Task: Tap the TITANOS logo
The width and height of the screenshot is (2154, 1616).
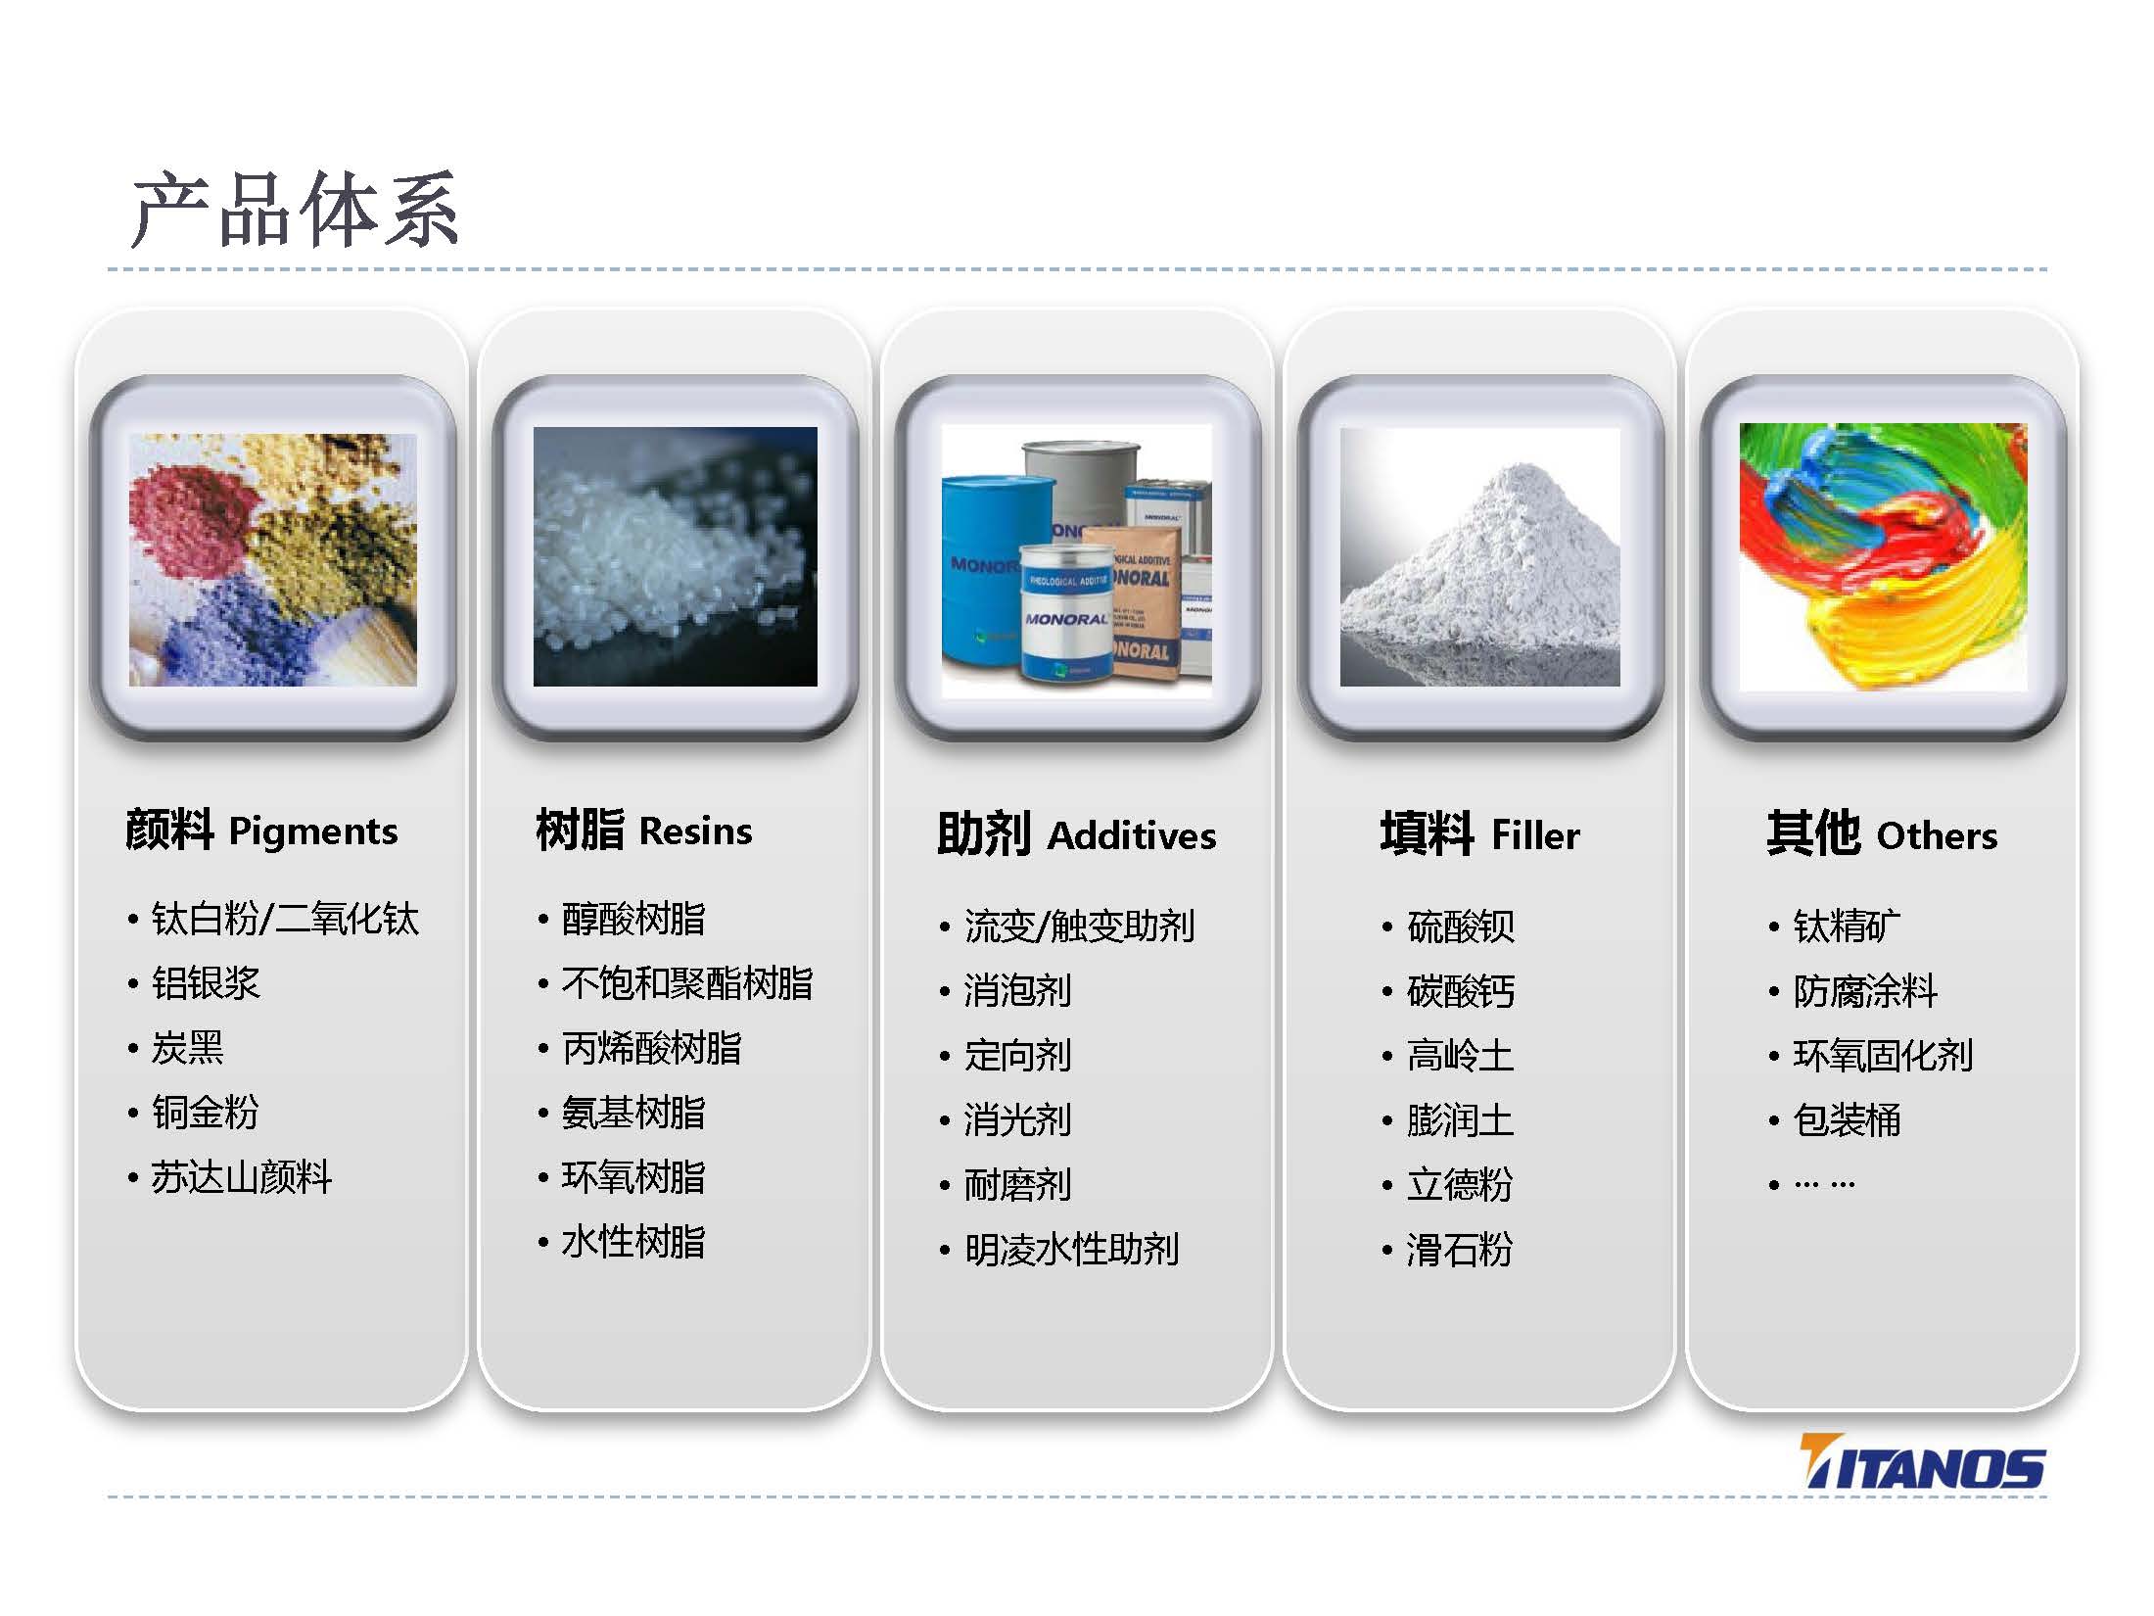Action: tap(1922, 1462)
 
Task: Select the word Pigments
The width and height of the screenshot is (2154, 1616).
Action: tap(313, 832)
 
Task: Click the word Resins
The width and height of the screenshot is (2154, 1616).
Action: tap(695, 832)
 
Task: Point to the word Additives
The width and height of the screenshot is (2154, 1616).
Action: tap(1132, 836)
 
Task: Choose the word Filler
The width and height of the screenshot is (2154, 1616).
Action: tap(1535, 836)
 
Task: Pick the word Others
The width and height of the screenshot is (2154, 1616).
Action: tap(1937, 836)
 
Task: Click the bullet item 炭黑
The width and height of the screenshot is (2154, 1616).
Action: tap(187, 1048)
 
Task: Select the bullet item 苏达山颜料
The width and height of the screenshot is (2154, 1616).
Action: tap(241, 1177)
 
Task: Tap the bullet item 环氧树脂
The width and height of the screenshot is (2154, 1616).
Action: tap(633, 1177)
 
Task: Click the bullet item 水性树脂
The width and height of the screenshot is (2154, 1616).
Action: tap(633, 1242)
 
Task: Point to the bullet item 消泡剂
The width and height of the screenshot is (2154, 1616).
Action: tap(1017, 990)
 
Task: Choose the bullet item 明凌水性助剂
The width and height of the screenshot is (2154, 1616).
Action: tap(1071, 1250)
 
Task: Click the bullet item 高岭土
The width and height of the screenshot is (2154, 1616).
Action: tap(1460, 1056)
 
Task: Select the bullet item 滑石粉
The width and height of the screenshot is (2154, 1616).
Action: tap(1460, 1250)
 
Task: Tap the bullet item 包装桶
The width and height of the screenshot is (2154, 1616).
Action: tap(1847, 1119)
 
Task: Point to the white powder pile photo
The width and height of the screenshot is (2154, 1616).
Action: tap(1479, 556)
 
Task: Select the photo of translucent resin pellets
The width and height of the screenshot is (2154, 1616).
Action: tap(675, 556)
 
